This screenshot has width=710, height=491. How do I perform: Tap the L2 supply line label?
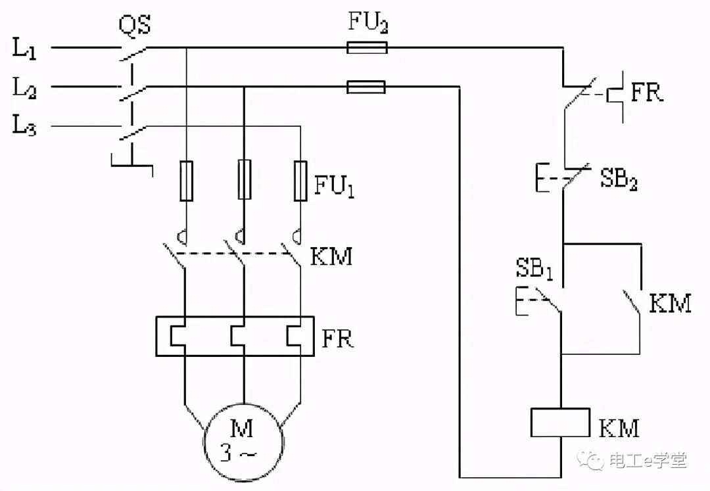(x=24, y=87)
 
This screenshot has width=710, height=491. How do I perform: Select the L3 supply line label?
(x=24, y=125)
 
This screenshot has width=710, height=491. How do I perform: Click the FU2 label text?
(x=367, y=21)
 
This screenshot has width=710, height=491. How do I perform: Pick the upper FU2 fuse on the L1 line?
(x=367, y=47)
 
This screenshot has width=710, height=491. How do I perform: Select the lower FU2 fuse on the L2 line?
(x=366, y=87)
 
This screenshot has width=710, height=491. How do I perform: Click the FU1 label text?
(x=334, y=185)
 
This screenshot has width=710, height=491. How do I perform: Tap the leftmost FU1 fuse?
(x=187, y=181)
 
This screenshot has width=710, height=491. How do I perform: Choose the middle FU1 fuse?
(x=245, y=179)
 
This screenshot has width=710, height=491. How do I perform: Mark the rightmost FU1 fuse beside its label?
(x=300, y=181)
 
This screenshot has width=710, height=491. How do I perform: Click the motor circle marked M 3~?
(x=244, y=441)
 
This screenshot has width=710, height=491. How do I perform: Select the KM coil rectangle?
(x=560, y=423)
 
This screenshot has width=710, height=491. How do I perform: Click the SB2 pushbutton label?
(x=619, y=178)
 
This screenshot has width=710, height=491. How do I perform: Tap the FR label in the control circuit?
(x=647, y=92)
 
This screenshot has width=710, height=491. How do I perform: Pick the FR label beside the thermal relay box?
(x=337, y=338)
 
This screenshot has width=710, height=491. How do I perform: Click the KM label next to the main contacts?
(x=331, y=256)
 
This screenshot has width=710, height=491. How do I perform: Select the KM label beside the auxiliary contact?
(x=670, y=303)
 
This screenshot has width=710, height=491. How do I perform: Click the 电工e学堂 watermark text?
(x=648, y=461)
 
